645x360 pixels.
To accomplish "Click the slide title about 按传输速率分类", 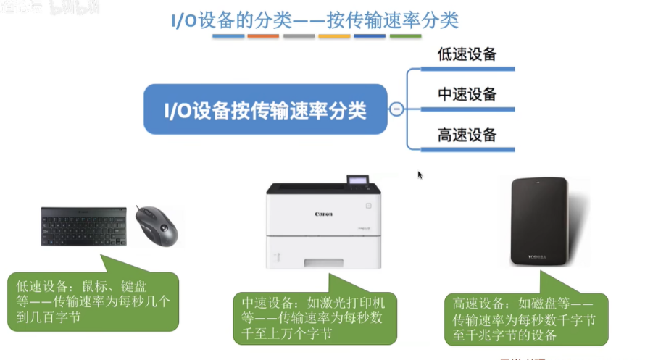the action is (315, 19).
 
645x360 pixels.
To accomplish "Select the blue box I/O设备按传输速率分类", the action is (265, 110).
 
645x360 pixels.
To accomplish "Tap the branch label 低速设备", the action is (467, 54).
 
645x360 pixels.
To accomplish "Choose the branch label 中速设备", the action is (467, 94).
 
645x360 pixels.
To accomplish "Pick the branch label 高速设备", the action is (467, 135).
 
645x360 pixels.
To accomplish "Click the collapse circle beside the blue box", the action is (396, 109).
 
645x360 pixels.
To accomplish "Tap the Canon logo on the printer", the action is (323, 214).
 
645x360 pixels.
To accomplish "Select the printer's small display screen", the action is (357, 180).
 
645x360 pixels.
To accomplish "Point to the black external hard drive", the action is (538, 222).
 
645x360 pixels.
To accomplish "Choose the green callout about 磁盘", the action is (525, 318).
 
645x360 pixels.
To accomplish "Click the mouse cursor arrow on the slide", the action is (420, 174).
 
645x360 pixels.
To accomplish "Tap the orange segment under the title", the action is (264, 35).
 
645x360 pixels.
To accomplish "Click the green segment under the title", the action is (406, 35).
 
